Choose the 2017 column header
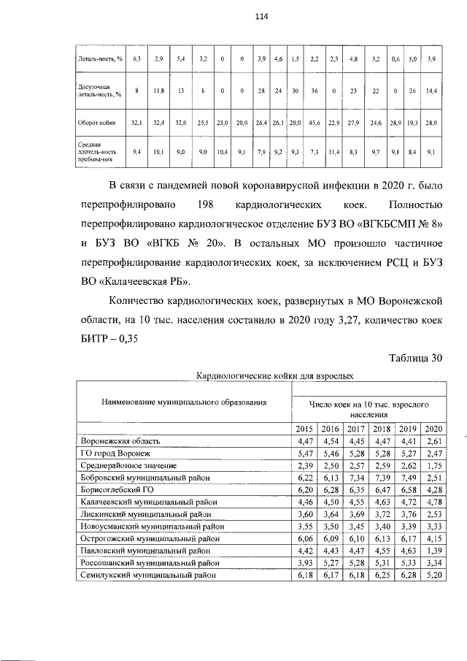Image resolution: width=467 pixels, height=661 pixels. click(356, 429)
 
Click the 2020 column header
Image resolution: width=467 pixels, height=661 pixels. click(433, 429)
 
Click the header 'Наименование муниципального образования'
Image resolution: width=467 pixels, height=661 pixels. click(173, 401)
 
